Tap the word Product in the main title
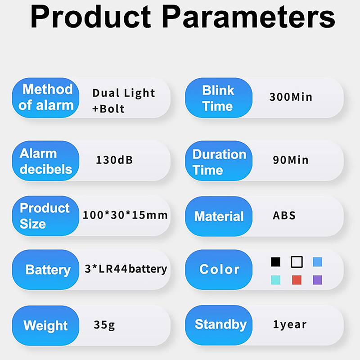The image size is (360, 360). coord(91,17)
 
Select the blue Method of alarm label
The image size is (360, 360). coord(45,98)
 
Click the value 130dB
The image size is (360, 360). coord(114,160)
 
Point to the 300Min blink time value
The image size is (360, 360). coord(291,97)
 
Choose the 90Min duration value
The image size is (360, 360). coord(290,160)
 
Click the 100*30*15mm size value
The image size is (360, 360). coord(125,215)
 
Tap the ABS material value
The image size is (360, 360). coord(284,216)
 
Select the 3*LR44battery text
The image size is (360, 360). coord(126,269)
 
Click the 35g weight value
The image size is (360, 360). coord(104,325)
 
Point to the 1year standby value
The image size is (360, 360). coord(290,324)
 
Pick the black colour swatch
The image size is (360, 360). coord(275,262)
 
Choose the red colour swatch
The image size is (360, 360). coord(297,280)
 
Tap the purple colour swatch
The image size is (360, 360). coord(318,280)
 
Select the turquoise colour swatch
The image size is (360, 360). coord(275,280)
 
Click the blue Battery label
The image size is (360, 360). coord(45,270)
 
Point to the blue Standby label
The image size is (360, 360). coord(219,325)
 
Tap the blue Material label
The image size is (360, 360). coord(219,216)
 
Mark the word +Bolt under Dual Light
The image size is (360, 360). coord(108,109)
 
